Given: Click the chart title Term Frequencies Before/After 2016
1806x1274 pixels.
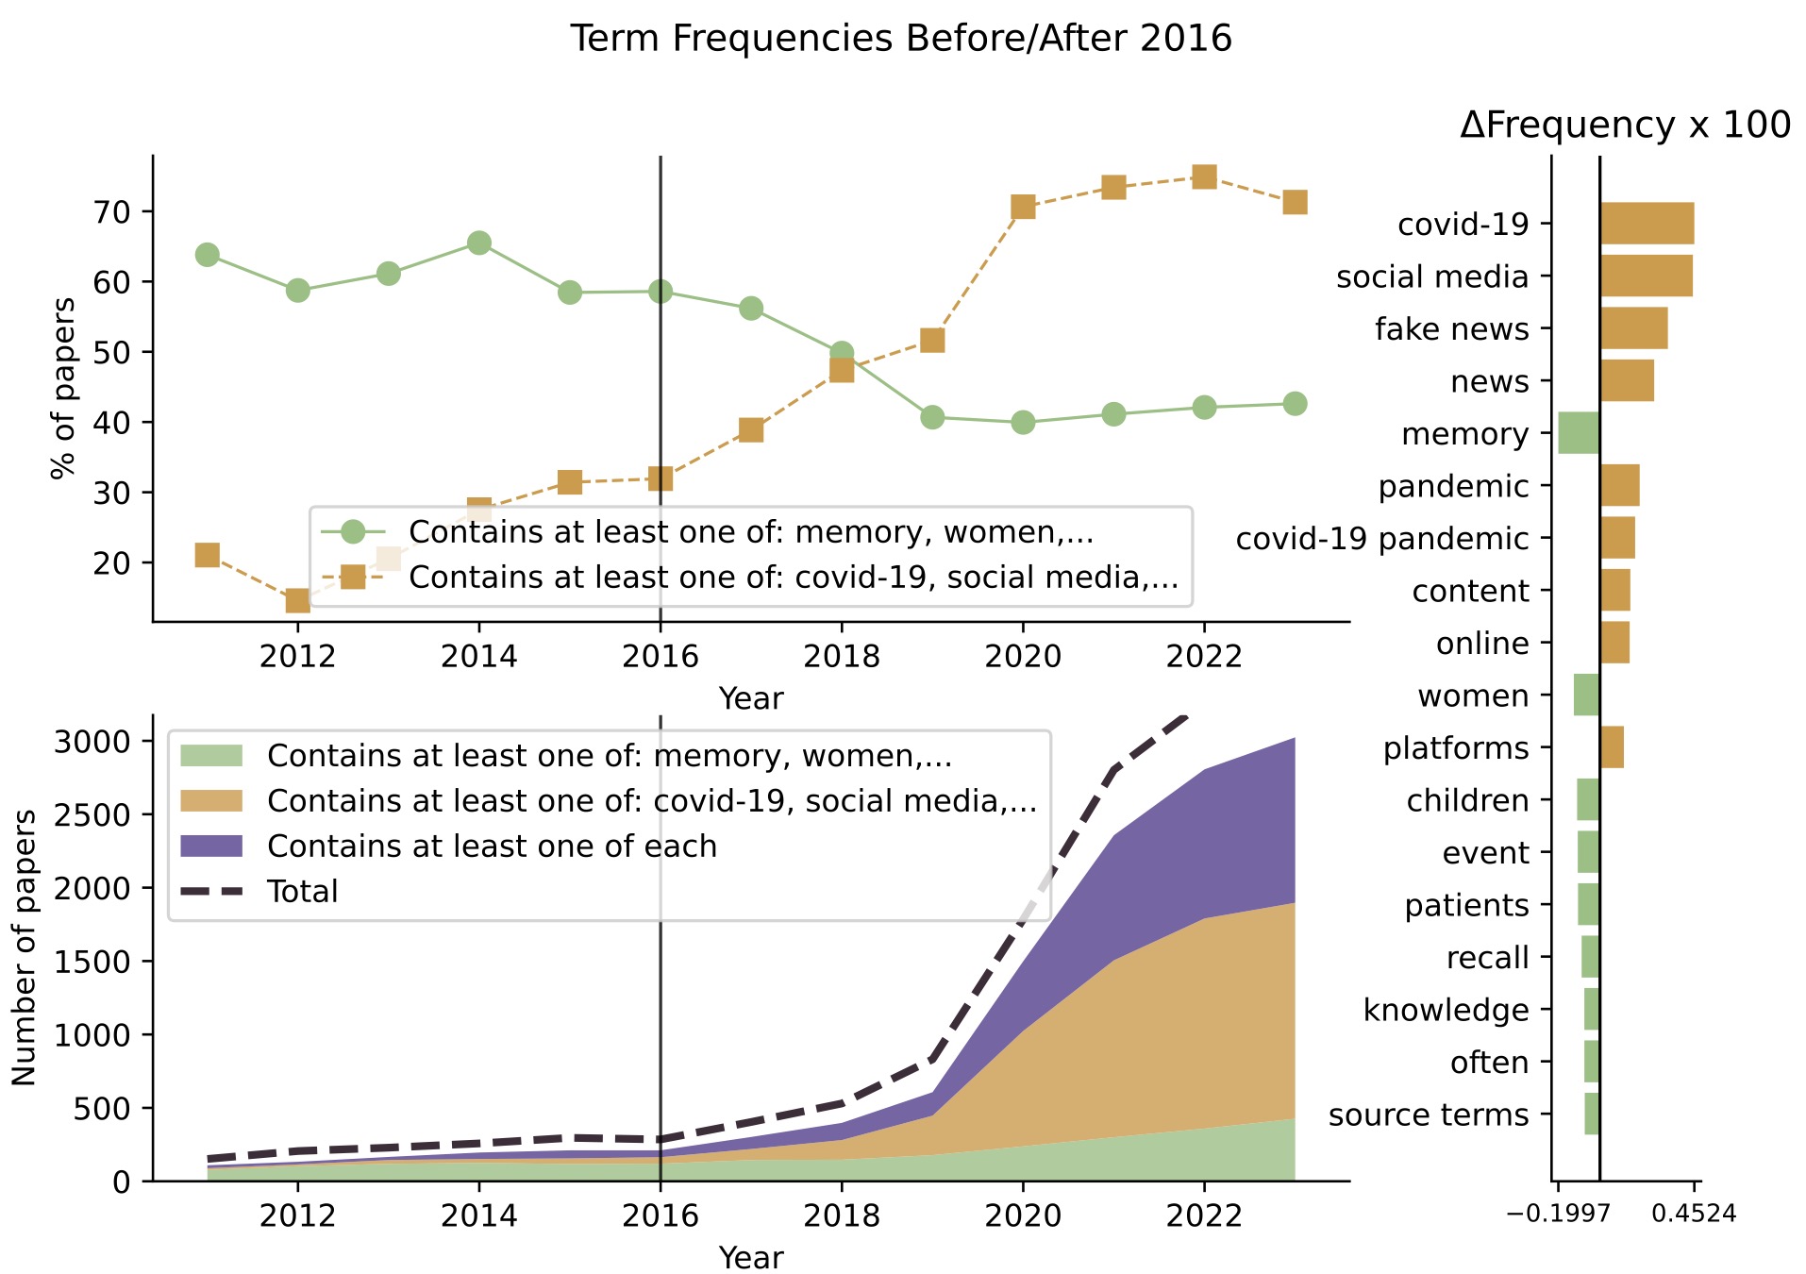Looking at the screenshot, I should pyautogui.click(x=901, y=39).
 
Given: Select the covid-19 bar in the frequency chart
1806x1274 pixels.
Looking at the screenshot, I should pyautogui.click(x=1647, y=224).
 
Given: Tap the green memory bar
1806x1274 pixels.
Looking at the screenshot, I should pyautogui.click(x=1579, y=433).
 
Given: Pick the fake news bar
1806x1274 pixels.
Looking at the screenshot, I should pyautogui.click(x=1633, y=328).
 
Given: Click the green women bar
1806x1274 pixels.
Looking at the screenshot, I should pyautogui.click(x=1586, y=695).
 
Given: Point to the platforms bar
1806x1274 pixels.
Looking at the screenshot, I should pyautogui.click(x=1612, y=747).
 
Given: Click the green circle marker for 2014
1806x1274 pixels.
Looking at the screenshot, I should pyautogui.click(x=479, y=243).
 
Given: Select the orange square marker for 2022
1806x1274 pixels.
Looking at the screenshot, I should pyautogui.click(x=1204, y=176).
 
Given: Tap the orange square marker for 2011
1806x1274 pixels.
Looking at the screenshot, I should pyautogui.click(x=208, y=555).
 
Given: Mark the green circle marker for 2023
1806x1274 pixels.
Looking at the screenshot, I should pyautogui.click(x=1295, y=404).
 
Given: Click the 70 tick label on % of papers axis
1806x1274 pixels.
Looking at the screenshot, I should pyautogui.click(x=111, y=211).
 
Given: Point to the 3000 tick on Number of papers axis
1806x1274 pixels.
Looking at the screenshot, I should pyautogui.click(x=92, y=742).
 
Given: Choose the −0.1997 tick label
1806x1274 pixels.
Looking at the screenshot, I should pyautogui.click(x=1558, y=1214).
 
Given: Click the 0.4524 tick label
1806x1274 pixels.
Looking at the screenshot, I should pyautogui.click(x=1693, y=1214).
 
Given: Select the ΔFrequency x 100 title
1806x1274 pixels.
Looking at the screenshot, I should pyautogui.click(x=1625, y=126).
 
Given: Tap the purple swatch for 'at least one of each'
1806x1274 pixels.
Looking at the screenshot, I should pyautogui.click(x=211, y=846).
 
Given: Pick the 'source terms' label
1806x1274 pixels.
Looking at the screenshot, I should pyautogui.click(x=1428, y=1115).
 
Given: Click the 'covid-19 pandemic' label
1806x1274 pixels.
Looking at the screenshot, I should pyautogui.click(x=1381, y=539).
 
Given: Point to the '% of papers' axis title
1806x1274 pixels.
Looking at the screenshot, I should pyautogui.click(x=63, y=388).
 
